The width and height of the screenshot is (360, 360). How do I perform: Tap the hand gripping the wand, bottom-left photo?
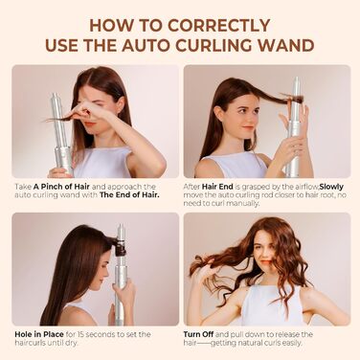pos(124,292)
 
